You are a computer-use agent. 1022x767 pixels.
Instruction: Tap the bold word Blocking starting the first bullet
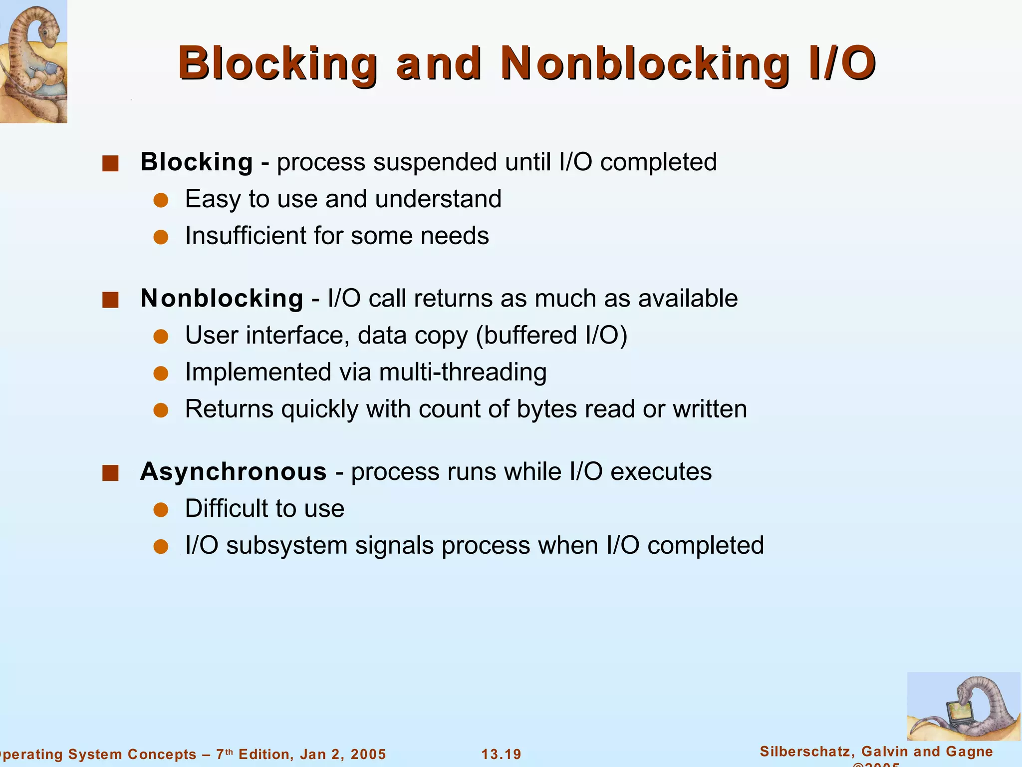197,162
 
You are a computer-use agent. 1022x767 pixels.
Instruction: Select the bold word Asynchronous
234,472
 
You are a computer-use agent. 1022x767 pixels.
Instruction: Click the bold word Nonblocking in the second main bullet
222,299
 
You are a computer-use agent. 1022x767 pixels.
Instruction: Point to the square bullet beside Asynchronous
110,473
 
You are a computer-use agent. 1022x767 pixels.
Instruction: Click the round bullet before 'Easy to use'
161,201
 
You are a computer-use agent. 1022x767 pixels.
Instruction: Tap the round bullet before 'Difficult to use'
161,510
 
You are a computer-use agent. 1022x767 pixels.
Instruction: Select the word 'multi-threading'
463,373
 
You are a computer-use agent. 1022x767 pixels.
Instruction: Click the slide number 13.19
501,754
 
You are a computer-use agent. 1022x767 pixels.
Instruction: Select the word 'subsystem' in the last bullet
287,545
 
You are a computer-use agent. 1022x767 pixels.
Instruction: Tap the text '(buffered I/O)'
551,336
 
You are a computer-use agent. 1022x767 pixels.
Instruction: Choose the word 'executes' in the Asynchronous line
661,472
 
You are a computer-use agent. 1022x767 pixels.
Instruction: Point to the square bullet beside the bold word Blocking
110,163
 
